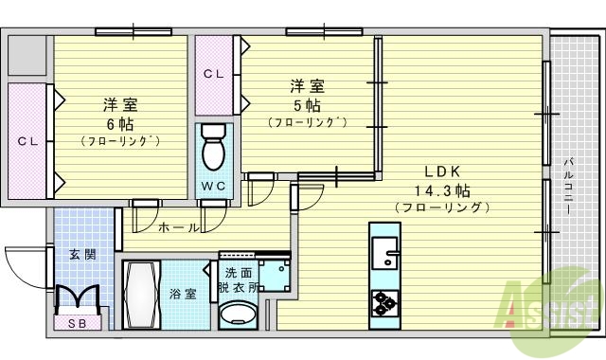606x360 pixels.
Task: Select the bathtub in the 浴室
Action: tap(145, 293)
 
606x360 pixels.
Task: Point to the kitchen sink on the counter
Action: tap(385, 253)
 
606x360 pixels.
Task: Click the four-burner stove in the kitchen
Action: tap(384, 303)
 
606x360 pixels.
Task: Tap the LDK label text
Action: tap(441, 171)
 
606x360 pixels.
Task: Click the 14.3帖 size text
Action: tap(441, 189)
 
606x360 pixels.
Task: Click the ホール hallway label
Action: tap(177, 227)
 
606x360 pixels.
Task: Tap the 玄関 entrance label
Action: tap(81, 253)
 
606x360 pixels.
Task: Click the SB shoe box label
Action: tap(76, 324)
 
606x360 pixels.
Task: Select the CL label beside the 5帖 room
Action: tap(213, 73)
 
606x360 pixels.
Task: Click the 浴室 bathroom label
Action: tap(184, 294)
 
